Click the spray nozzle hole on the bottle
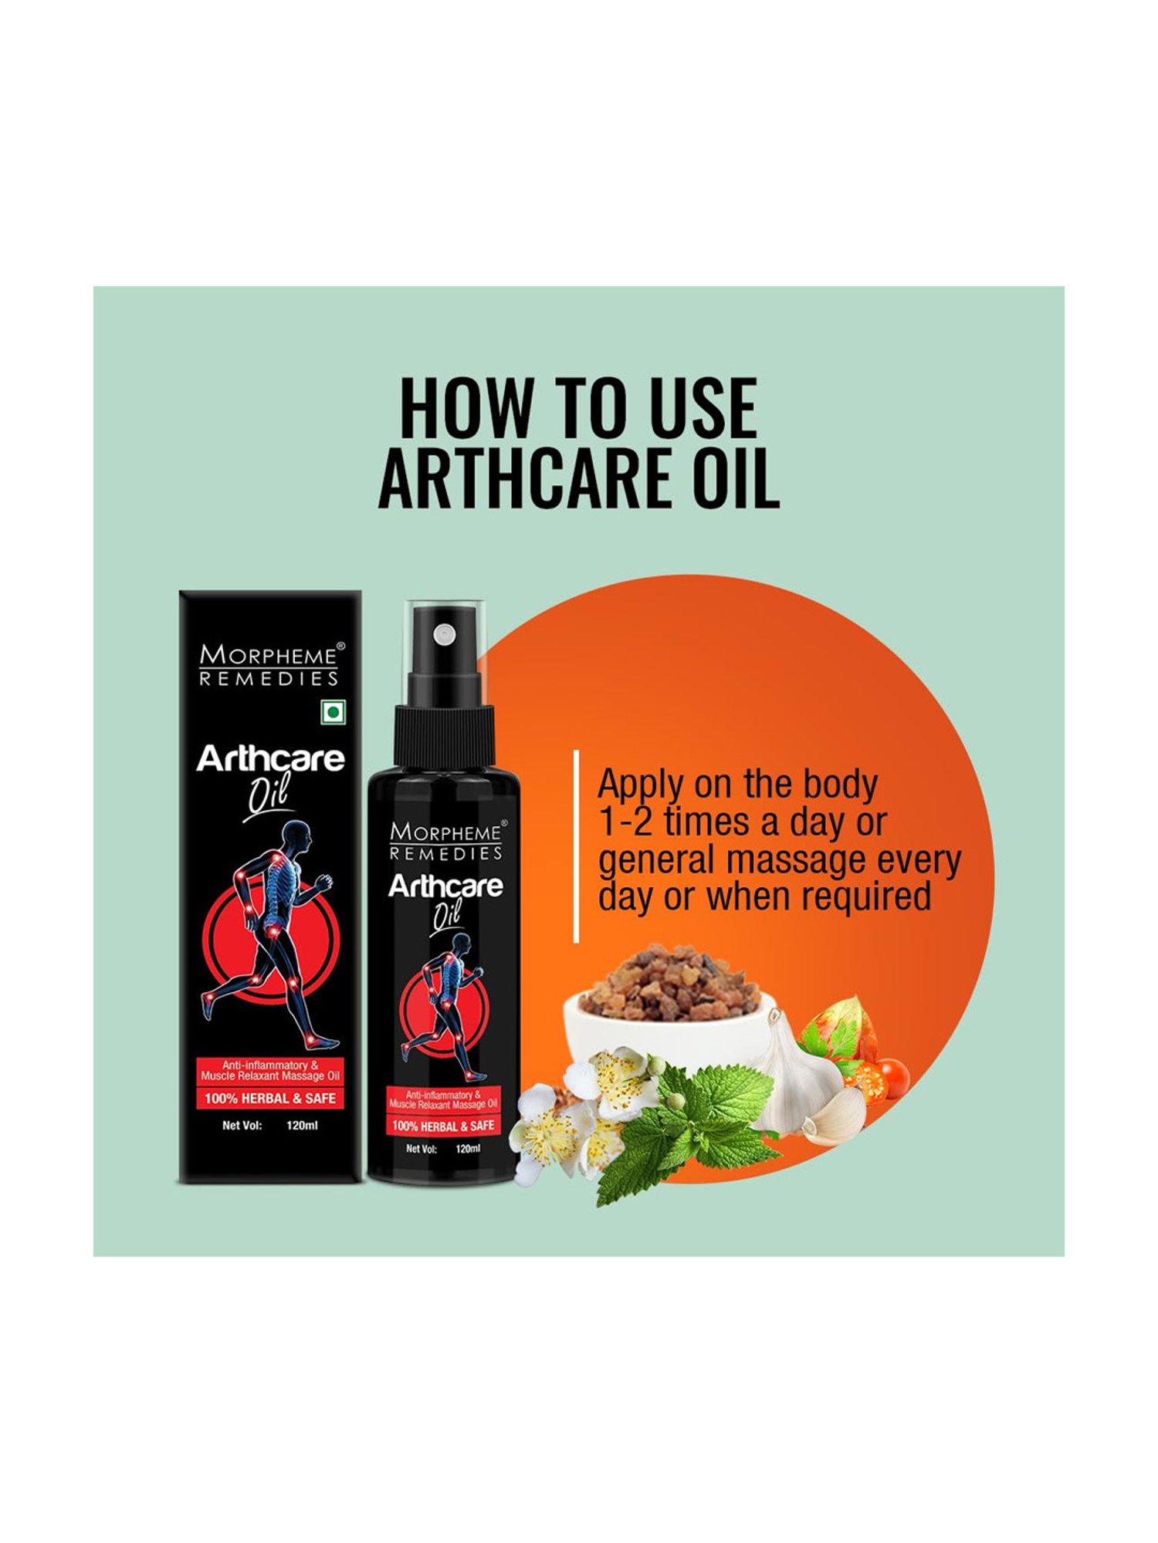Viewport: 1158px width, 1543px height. tap(444, 634)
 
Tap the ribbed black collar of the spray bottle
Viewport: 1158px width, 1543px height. tap(442, 736)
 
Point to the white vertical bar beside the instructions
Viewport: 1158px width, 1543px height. tap(576, 846)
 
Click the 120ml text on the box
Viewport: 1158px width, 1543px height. tap(302, 1126)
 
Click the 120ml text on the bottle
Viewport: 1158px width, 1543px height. tap(468, 1149)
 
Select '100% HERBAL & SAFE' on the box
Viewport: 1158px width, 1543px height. tap(269, 1099)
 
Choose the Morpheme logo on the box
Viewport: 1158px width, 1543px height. tap(269, 665)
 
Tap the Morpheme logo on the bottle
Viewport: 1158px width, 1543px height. tap(445, 842)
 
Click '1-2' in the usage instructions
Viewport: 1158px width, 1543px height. tap(626, 822)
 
